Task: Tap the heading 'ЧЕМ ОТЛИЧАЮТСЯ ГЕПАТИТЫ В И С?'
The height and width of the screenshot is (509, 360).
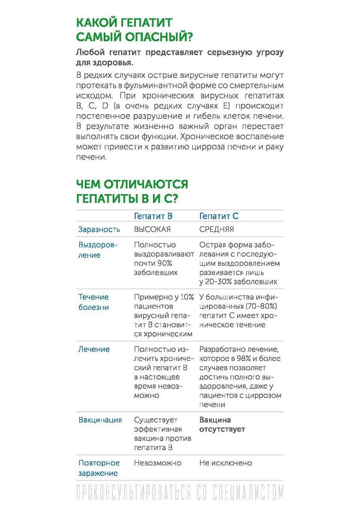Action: (x=132, y=191)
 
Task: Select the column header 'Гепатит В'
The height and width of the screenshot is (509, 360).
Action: (x=153, y=216)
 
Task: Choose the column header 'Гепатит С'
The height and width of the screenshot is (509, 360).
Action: (x=219, y=216)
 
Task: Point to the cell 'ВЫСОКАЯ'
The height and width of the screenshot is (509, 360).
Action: (x=152, y=230)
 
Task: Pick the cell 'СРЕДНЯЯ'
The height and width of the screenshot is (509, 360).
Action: (x=217, y=230)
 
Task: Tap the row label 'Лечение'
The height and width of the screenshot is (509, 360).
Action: (x=94, y=349)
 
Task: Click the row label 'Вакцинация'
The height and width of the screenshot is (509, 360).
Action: (x=100, y=420)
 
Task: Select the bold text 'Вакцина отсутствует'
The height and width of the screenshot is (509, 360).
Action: (x=222, y=425)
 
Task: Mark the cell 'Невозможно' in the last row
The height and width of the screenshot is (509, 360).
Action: (x=157, y=463)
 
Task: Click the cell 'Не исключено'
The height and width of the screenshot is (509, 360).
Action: (x=225, y=463)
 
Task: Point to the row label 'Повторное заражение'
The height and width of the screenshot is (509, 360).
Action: (x=99, y=468)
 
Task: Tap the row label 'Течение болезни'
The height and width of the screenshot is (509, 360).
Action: (x=93, y=302)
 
